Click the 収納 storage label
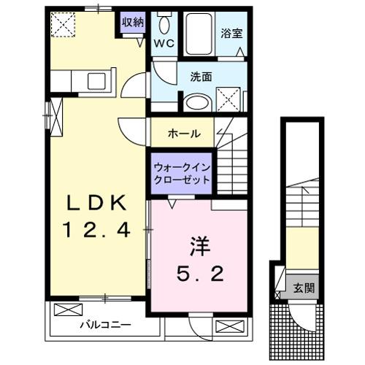pyautogui.click(x=133, y=21)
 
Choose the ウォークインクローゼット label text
pyautogui.click(x=182, y=173)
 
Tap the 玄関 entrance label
pyautogui.click(x=304, y=288)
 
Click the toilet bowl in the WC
pyautogui.click(x=164, y=25)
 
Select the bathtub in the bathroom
pyautogui.click(x=199, y=32)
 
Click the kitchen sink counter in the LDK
pyautogui.click(x=84, y=79)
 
